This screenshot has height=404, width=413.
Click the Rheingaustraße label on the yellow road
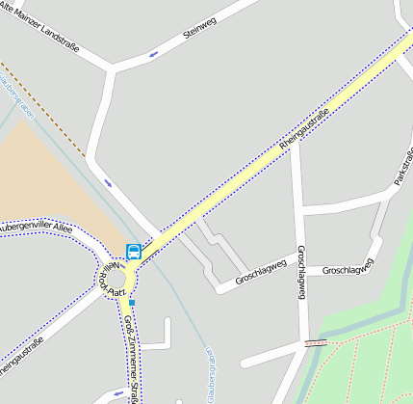pyautogui.click(x=303, y=130)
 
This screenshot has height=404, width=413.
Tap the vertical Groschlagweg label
pyautogui.click(x=301, y=272)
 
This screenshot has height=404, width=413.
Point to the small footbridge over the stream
pyautogui.click(x=314, y=342)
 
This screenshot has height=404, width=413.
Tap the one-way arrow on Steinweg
pyautogui.click(x=154, y=54)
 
